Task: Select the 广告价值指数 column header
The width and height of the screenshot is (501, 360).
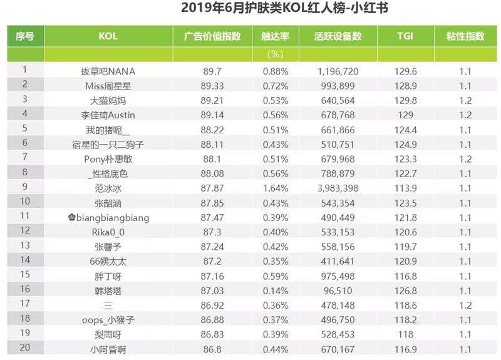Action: (212, 36)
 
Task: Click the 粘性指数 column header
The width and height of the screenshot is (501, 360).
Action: (465, 36)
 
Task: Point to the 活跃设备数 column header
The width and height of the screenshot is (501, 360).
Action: (338, 36)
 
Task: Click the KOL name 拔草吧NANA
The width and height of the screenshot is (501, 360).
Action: (108, 71)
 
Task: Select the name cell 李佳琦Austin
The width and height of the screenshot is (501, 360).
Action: (108, 115)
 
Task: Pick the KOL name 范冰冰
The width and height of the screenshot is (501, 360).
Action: (108, 188)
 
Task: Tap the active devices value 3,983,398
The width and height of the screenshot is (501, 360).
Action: (338, 188)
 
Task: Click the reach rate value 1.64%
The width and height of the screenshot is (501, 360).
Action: (276, 188)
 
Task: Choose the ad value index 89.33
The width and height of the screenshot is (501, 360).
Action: (212, 86)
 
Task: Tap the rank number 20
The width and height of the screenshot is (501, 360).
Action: (25, 348)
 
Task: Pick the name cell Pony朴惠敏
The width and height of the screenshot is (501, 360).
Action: (108, 159)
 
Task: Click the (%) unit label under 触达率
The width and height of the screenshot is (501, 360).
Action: (276, 54)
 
